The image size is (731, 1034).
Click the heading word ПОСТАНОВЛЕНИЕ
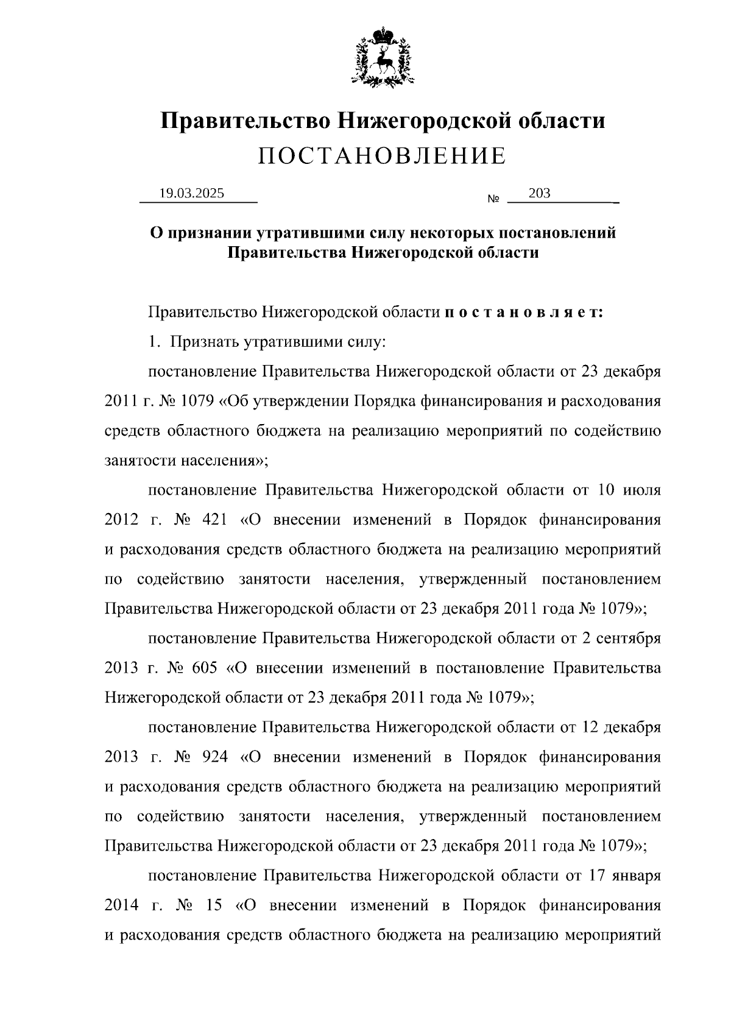[382, 157]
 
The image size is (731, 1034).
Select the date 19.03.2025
[192, 194]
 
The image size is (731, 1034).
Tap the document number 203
[540, 193]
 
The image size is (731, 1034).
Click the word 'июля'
[644, 490]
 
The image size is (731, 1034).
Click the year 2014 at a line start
[122, 905]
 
